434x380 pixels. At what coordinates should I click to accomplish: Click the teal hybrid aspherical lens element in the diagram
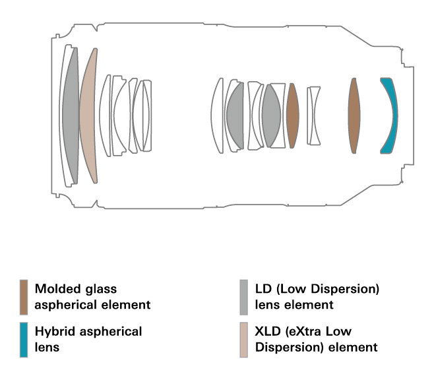point(390,115)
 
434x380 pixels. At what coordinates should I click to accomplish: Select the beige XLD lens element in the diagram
point(88,115)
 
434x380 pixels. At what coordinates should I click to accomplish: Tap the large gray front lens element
point(71,115)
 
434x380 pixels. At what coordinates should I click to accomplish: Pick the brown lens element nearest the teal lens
point(354,115)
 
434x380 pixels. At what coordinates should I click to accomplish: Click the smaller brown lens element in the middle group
point(293,115)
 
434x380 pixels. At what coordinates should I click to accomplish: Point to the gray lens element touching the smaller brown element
point(270,115)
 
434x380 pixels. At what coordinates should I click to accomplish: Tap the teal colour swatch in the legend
point(24,339)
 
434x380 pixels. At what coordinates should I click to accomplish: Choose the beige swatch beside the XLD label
point(244,339)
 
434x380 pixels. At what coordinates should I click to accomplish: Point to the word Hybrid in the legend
point(54,331)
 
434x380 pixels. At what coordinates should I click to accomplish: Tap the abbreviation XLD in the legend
point(268,331)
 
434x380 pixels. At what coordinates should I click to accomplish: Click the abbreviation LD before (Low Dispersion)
point(263,289)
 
